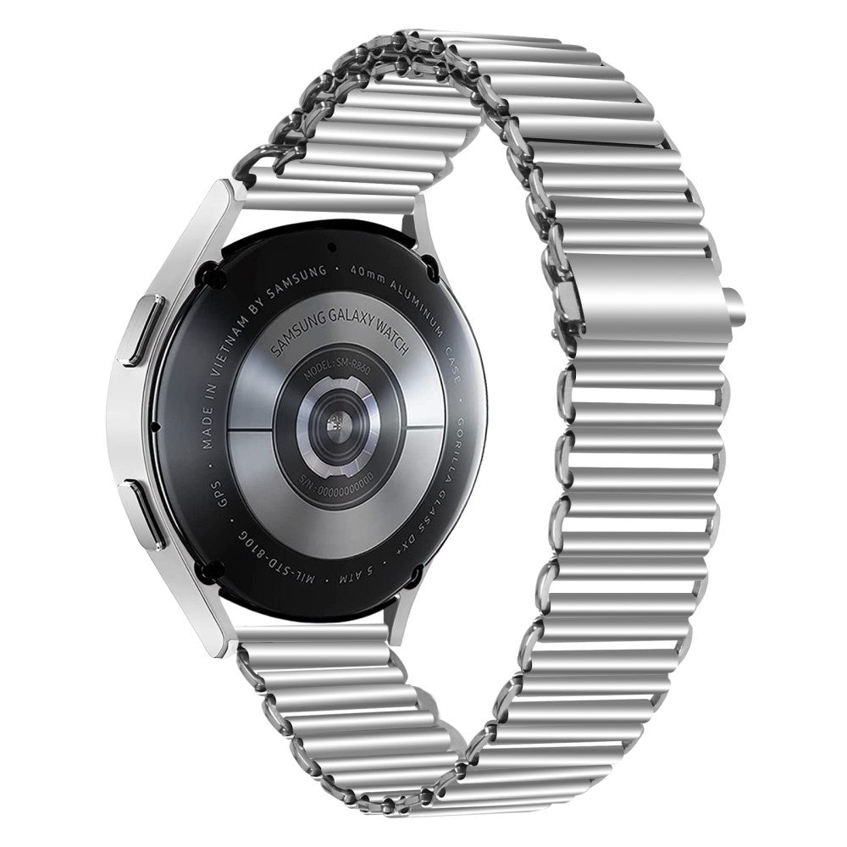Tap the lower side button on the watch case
(x=141, y=515)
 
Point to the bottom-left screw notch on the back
(x=207, y=567)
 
